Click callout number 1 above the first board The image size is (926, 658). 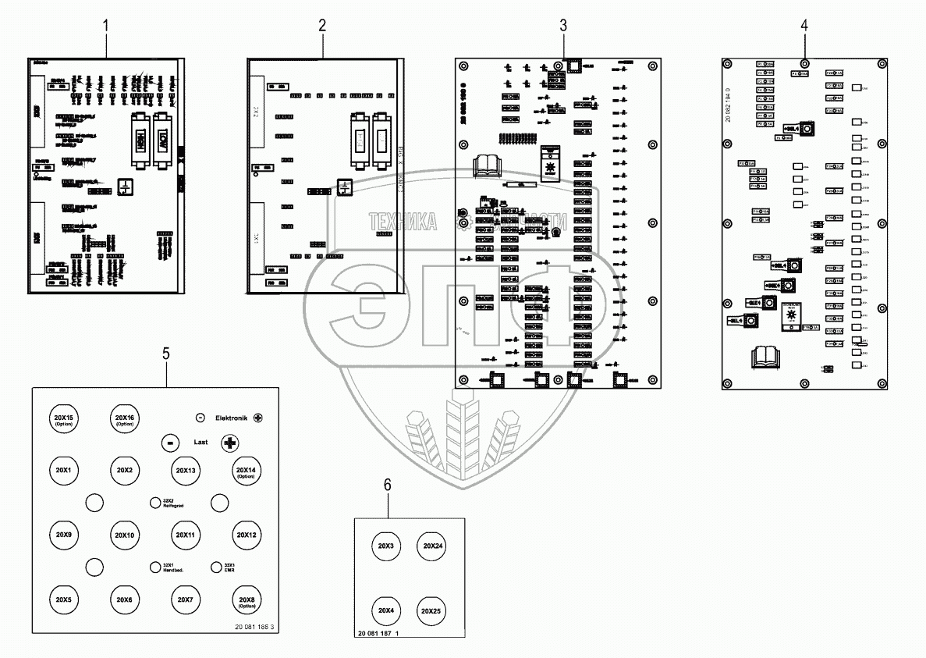(107, 25)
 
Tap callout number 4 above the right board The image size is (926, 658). (804, 25)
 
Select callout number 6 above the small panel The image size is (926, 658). (388, 485)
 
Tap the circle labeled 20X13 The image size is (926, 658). (185, 471)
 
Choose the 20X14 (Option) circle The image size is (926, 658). (246, 471)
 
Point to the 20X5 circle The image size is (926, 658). (63, 599)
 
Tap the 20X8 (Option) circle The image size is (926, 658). (246, 599)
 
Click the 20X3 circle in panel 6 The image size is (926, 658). (386, 546)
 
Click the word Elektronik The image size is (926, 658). (230, 418)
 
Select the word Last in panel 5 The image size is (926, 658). (201, 442)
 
